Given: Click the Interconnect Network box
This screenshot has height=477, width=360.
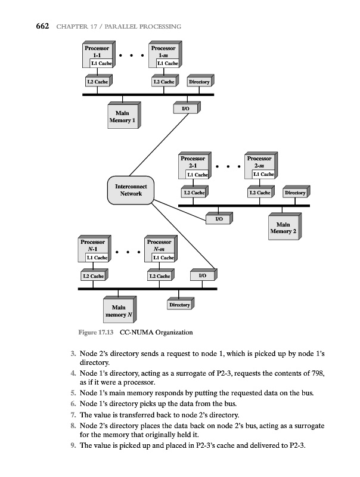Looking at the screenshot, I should [130, 190].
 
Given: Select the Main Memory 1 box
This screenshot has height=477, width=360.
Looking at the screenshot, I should [122, 116].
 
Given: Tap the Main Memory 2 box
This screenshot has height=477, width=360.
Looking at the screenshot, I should [283, 228].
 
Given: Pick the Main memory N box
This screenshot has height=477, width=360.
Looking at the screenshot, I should [119, 311].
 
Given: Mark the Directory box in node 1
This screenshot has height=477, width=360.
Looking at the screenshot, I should [199, 82].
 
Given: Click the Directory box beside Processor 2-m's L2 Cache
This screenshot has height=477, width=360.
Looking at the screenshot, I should [295, 193].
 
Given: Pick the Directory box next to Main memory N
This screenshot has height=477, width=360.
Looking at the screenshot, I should [179, 305].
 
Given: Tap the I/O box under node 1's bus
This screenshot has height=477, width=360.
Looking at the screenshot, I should [185, 109].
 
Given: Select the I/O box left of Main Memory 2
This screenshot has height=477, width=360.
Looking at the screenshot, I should [218, 219].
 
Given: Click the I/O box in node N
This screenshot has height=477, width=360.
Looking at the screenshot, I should [202, 277].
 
